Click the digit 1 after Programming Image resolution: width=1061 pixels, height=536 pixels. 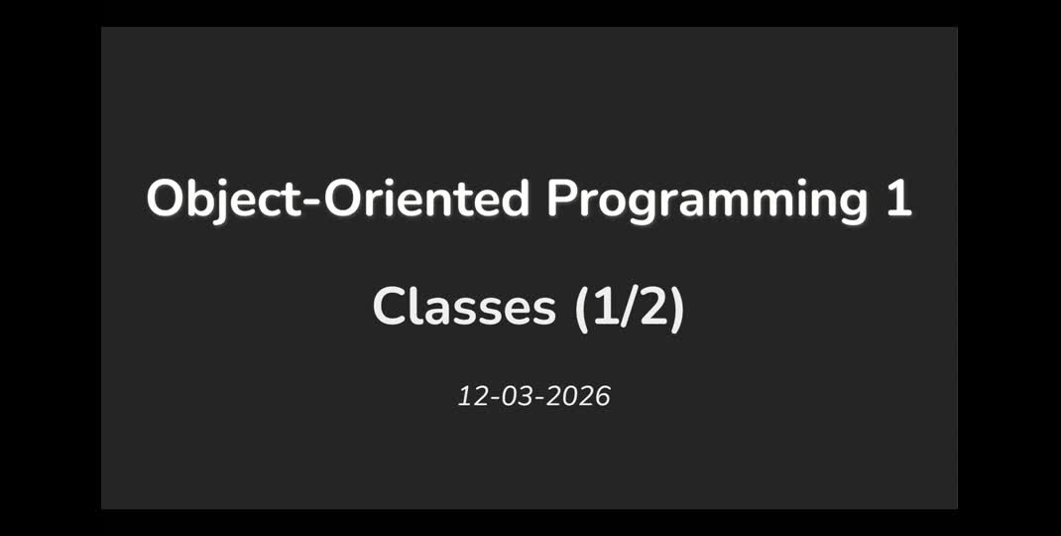(898, 200)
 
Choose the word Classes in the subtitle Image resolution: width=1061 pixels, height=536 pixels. (464, 307)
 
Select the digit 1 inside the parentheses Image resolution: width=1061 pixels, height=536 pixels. (605, 307)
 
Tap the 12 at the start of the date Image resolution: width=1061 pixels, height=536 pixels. (471, 397)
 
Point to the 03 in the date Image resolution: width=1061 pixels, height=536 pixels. (518, 397)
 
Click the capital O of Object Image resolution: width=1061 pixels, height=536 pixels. (165, 200)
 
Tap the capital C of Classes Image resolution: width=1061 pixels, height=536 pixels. (391, 307)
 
